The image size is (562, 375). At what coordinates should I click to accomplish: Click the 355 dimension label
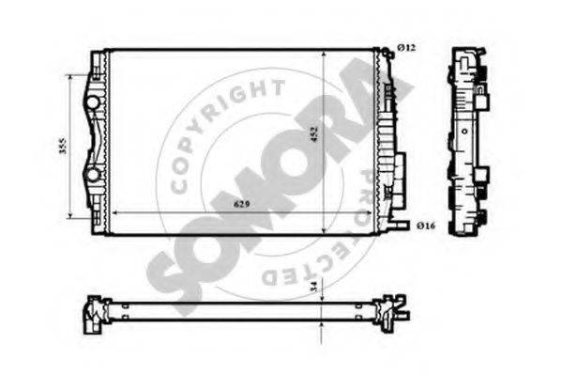pyautogui.click(x=63, y=145)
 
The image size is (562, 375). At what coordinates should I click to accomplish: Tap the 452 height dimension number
pyautogui.click(x=314, y=134)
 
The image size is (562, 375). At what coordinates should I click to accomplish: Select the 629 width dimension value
pyautogui.click(x=241, y=204)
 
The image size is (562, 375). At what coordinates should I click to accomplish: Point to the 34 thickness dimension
pyautogui.click(x=313, y=286)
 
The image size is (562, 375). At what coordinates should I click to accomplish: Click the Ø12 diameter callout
pyautogui.click(x=407, y=47)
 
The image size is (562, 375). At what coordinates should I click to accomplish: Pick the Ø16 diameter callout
pyautogui.click(x=426, y=226)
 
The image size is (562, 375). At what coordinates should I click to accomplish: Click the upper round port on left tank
pyautogui.click(x=93, y=102)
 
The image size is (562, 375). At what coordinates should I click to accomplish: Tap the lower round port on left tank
pyautogui.click(x=93, y=175)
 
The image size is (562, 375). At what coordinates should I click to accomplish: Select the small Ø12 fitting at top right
pyautogui.click(x=387, y=53)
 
